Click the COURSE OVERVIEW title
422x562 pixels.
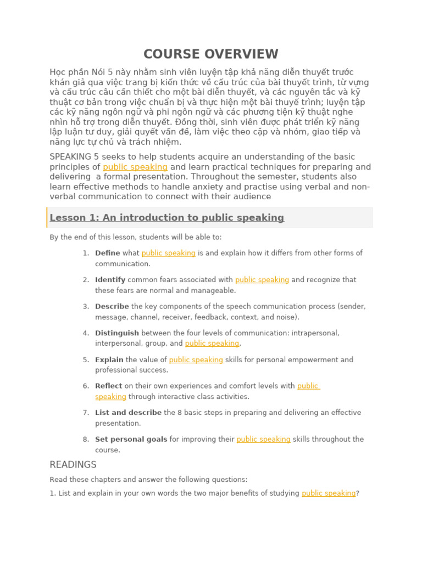[x=211, y=54]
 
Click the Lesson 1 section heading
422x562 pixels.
[x=166, y=218]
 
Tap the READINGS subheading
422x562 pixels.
[x=73, y=465]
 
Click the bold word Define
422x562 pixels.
[x=107, y=253]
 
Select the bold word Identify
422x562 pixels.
[x=110, y=280]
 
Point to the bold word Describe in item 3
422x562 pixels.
[x=112, y=306]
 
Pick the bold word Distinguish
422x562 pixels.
[x=116, y=333]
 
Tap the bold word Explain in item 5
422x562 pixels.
[x=109, y=360]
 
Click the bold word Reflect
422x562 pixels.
[x=108, y=386]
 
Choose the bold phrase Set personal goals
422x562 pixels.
[x=131, y=440]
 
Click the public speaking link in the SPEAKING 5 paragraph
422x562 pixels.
[x=135, y=167]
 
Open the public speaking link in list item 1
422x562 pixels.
[x=168, y=253]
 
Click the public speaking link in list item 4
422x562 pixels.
[x=212, y=344]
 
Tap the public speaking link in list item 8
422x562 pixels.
[x=263, y=440]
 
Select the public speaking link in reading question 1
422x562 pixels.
[x=329, y=493]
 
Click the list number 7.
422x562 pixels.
[x=86, y=413]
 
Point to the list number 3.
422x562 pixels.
[x=86, y=306]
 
